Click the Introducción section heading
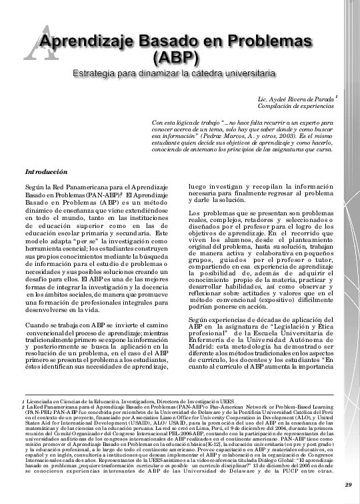[47, 171]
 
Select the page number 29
[349, 484]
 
